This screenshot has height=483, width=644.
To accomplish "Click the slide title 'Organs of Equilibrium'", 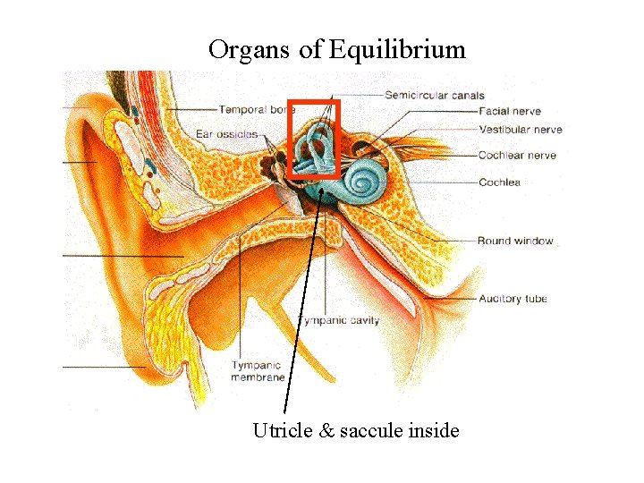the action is pos(337,49).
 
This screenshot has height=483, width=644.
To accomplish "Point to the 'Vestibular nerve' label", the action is pos(520,130).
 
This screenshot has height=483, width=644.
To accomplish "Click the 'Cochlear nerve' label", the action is pos(516,156).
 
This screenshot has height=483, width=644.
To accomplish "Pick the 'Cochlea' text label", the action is pos(498,182).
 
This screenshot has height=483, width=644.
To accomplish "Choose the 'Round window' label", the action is pos(514,241).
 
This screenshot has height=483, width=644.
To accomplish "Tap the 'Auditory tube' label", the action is pos(513,299).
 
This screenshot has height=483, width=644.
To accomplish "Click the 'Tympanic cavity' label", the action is pos(338,320).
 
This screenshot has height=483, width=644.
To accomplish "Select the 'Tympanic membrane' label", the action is pos(257,371).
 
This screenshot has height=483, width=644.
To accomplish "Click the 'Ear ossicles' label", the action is pos(230,134).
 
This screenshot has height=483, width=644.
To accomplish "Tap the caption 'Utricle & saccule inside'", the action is pos(356,431).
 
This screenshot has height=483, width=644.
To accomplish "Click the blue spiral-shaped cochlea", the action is pos(364,181).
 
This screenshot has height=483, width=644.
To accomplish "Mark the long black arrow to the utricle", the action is pos(304,295).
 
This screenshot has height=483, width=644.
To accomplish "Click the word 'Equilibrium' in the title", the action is pos(397,49).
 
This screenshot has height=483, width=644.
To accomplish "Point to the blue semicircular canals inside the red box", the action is pos(314,143).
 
